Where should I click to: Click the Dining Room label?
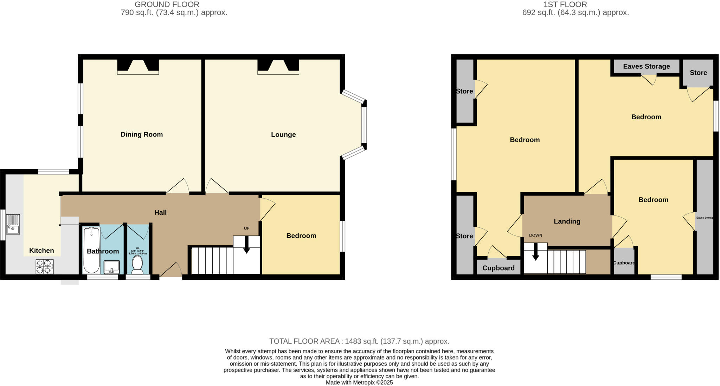pos(141,134)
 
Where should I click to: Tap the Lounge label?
pos(283,134)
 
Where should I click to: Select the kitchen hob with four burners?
pos(44,266)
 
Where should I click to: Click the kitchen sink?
pos(13,225)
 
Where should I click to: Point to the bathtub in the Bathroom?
pos(91,250)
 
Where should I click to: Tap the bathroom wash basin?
pos(112,267)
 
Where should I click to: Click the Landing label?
pos(567,221)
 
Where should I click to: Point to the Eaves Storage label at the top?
pos(646,66)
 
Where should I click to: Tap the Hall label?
pos(160,212)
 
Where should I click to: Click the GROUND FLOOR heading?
pos(167,5)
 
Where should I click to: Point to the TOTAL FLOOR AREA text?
pos(359,341)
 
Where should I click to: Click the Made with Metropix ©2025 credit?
pos(359,382)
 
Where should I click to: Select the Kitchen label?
pos(41,251)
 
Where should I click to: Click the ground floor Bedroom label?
pos(301,236)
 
